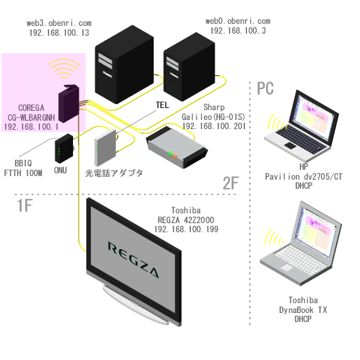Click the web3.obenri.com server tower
click(x=124, y=65)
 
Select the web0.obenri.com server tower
click(x=189, y=67)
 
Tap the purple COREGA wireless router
click(x=69, y=103)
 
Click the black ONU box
click(x=64, y=148)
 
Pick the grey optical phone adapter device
click(x=105, y=147)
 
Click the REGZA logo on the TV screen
click(x=133, y=260)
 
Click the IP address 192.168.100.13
click(x=59, y=33)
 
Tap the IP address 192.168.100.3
click(x=238, y=31)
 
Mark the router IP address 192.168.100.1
click(x=31, y=126)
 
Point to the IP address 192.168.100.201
click(x=214, y=126)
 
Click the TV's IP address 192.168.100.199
click(x=186, y=229)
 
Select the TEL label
click(x=162, y=105)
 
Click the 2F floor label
click(x=231, y=183)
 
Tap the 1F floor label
click(x=25, y=206)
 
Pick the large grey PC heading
click(x=265, y=88)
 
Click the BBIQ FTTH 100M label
click(x=23, y=168)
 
